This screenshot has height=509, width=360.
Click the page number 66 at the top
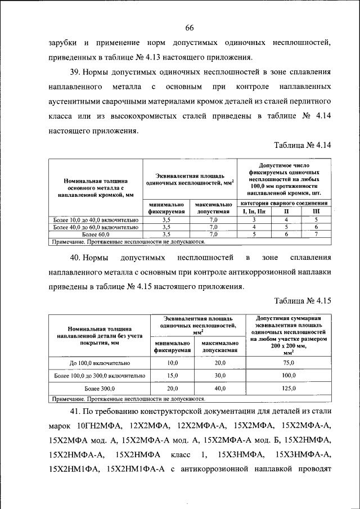(x=189, y=28)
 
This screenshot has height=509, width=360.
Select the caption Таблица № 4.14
(x=303, y=145)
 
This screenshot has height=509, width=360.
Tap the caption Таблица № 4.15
(x=303, y=301)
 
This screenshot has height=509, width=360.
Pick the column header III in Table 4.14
(x=316, y=211)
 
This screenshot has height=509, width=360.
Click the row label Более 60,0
(x=95, y=234)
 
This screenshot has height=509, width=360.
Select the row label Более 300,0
(x=99, y=389)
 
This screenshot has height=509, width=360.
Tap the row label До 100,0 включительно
(x=99, y=364)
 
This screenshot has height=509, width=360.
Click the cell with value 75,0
(x=289, y=364)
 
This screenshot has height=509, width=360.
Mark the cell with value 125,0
(x=289, y=389)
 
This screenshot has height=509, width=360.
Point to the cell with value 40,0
(x=220, y=389)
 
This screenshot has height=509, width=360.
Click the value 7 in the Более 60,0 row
(x=316, y=234)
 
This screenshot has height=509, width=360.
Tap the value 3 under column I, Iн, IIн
(x=254, y=220)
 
